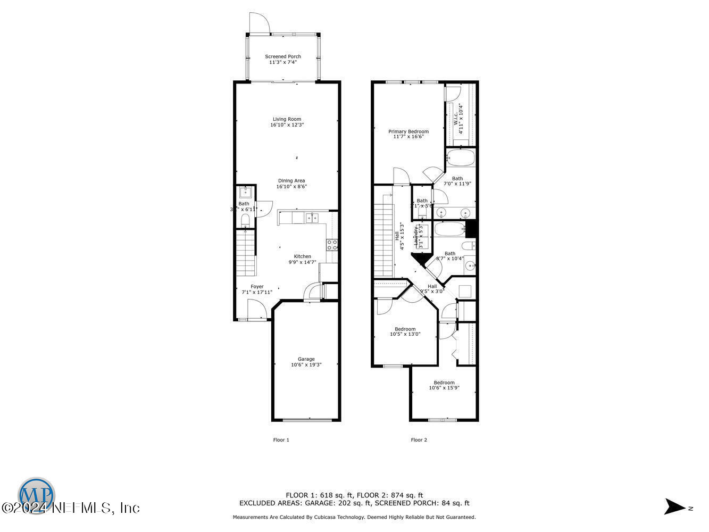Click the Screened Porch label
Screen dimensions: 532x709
(x=283, y=56)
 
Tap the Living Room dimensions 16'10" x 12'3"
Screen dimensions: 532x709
(x=287, y=125)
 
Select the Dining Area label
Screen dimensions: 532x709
(x=291, y=181)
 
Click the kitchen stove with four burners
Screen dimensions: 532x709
(x=332, y=245)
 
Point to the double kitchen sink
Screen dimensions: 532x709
(x=311, y=217)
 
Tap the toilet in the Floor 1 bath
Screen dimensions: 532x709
(x=245, y=220)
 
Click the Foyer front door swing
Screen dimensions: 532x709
(x=257, y=310)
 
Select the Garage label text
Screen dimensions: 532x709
(x=306, y=359)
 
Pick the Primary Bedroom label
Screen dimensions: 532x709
(x=408, y=131)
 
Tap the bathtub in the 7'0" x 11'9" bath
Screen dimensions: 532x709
(x=461, y=158)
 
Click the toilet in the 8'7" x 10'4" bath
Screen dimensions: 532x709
(x=469, y=246)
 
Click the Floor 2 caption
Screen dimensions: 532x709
(x=419, y=440)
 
